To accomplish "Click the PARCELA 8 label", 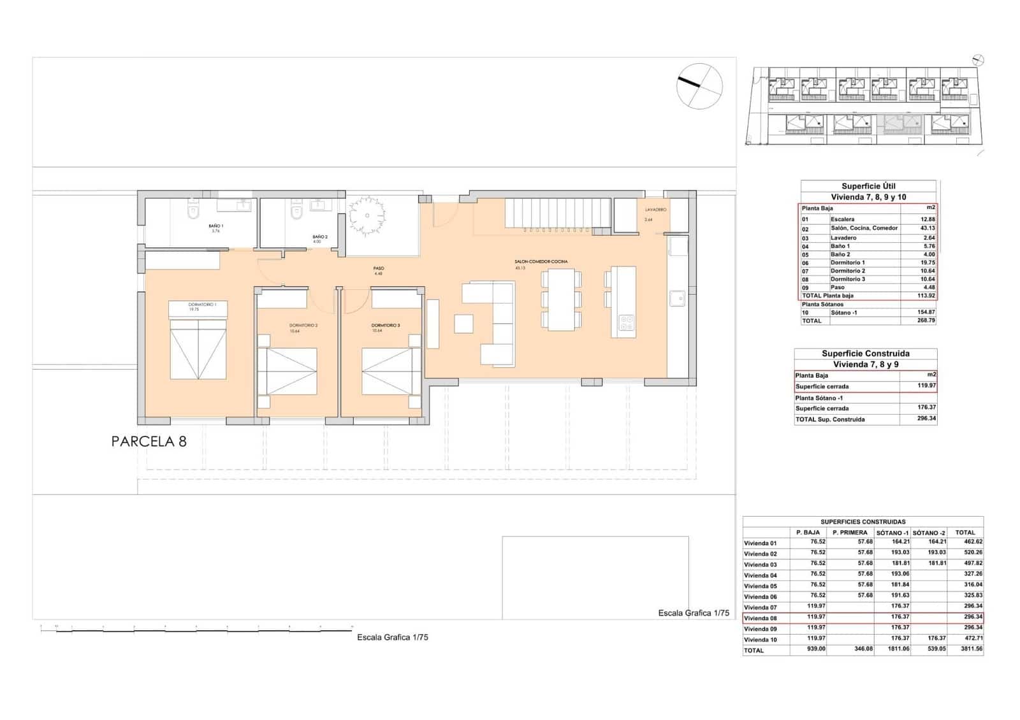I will pos(149,442).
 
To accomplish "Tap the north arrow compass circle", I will pos(699,86).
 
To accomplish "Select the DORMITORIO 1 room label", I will pos(202,305).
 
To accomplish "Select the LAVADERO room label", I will pos(655,210).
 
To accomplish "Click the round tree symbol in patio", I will pos(367,215).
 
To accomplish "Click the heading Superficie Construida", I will pos(865,354).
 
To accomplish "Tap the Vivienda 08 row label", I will pos(760,618).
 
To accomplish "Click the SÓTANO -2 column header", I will pos(928,533).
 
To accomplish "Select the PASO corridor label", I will pos(378,268).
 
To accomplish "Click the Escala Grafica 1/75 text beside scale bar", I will pos(392,637).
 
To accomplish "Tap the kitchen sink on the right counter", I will pos(677,297).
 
